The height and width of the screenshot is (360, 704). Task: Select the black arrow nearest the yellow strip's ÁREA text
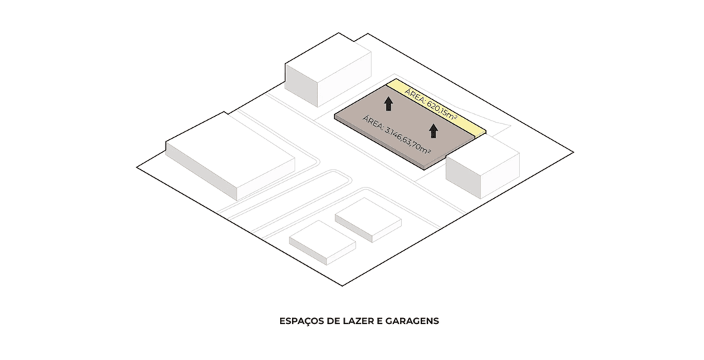[389, 104]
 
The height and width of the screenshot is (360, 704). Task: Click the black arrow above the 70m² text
[433, 131]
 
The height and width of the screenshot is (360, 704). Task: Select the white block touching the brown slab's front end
[483, 167]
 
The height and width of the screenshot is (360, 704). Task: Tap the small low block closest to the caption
[323, 243]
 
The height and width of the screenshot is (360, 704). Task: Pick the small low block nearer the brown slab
[368, 220]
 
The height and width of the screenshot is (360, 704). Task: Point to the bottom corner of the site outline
[343, 286]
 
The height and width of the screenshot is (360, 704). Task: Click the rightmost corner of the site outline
[574, 152]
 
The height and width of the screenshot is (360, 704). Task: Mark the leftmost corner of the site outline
[137, 167]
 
